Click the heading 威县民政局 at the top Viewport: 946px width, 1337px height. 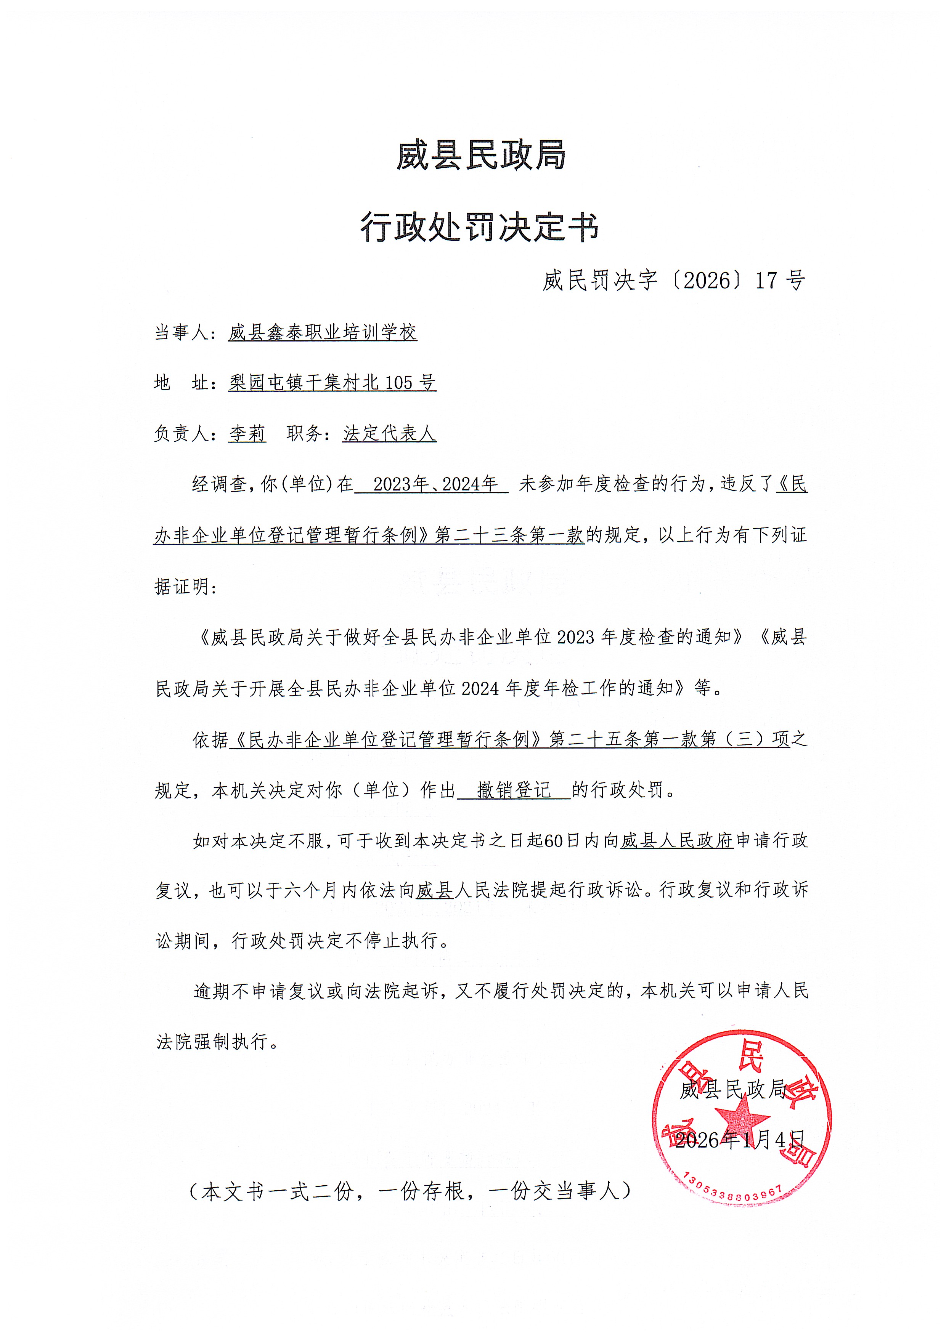coord(481,156)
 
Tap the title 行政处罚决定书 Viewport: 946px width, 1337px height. coord(480,227)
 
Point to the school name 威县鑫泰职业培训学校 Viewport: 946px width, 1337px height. coord(323,332)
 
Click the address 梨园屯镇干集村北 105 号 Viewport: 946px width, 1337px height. coord(332,383)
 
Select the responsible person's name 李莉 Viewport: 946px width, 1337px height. coord(247,434)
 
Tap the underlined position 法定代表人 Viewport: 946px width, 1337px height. coord(389,434)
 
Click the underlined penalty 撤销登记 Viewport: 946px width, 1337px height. coord(514,790)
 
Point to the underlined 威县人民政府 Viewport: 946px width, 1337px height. coord(676,841)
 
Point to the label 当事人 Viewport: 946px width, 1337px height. coord(181,332)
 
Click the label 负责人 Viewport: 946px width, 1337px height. coord(181,434)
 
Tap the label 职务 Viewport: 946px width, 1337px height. coord(305,434)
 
